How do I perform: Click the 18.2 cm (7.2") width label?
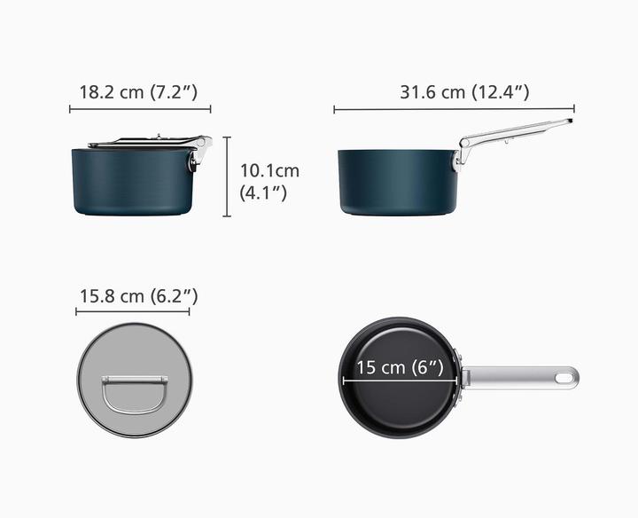139,91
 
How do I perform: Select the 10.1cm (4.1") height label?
269,180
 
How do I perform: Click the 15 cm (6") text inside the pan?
400,367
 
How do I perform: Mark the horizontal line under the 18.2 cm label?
140,110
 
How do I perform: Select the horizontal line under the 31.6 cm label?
453,110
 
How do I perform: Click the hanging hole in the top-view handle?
564,377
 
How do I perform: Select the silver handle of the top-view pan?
514,377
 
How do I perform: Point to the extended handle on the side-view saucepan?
518,128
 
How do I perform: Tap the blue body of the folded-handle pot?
128,182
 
